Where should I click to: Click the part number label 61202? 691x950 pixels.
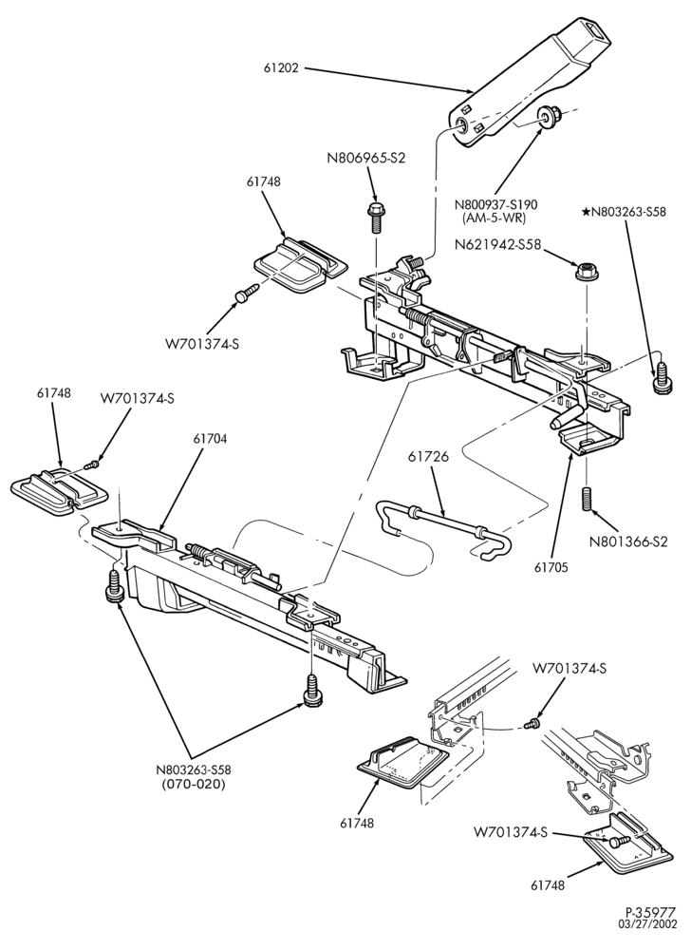tap(281, 68)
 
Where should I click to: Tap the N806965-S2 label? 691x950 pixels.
tap(366, 158)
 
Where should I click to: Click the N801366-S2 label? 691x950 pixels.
tap(628, 541)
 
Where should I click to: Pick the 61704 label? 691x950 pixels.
tap(210, 439)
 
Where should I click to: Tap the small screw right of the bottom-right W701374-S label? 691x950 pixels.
tap(620, 842)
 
